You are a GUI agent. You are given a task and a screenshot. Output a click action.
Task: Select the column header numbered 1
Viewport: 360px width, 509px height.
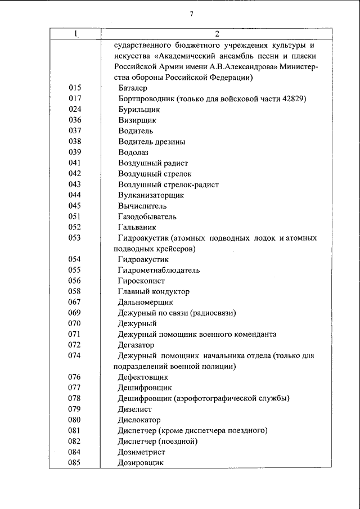click(x=75, y=34)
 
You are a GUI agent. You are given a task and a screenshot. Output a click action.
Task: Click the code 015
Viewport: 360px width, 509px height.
click(x=75, y=88)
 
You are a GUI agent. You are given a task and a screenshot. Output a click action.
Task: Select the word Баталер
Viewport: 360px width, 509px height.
click(x=133, y=88)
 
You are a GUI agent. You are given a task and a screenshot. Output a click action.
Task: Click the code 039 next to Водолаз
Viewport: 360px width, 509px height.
click(x=75, y=152)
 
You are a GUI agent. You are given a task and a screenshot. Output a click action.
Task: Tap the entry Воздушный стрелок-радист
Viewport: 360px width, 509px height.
click(x=168, y=184)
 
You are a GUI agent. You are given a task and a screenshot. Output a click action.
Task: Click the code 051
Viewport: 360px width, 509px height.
click(x=75, y=217)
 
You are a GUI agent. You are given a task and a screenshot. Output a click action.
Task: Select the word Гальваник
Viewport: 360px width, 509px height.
click(x=137, y=227)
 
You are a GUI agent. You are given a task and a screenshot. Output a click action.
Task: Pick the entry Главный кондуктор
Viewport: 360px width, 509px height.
click(x=154, y=291)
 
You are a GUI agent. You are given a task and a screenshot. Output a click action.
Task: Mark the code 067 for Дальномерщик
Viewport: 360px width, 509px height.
click(x=75, y=302)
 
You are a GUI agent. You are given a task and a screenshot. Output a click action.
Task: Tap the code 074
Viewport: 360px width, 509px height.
click(x=75, y=355)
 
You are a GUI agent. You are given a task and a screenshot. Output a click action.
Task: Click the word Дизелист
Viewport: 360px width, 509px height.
click(x=136, y=409)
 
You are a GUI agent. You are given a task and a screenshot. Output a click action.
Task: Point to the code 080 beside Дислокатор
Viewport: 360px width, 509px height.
click(x=75, y=420)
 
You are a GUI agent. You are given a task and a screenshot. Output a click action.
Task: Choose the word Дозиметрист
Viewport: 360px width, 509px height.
click(x=143, y=452)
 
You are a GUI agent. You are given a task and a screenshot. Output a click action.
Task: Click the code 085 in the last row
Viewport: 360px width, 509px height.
click(x=75, y=462)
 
